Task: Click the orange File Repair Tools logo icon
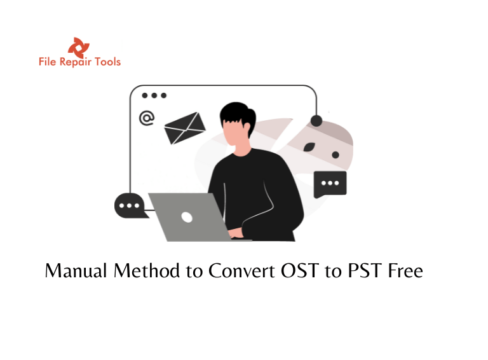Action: point(79,46)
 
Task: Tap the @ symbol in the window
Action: point(147,118)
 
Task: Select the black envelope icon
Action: point(185,128)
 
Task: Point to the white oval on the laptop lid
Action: point(187,217)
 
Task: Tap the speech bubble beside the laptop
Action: point(130,205)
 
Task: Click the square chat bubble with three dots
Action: point(330,184)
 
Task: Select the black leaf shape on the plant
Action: point(309,146)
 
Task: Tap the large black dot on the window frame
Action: point(316,120)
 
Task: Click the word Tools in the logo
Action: point(107,62)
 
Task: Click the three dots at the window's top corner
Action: point(154,95)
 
